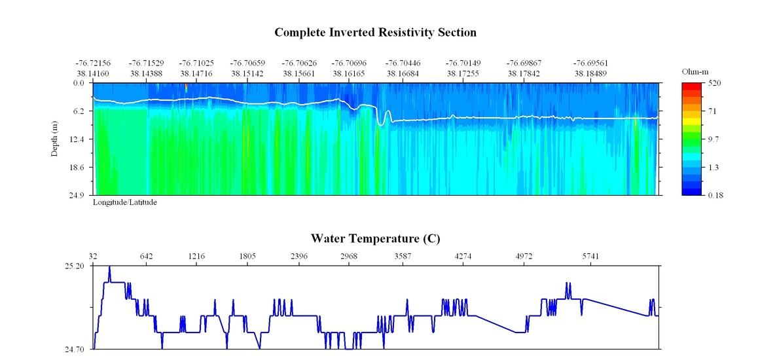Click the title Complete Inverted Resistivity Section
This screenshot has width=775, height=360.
(375, 32)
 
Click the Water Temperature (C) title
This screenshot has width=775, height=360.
(375, 238)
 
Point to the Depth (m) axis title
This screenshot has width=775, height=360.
(56, 139)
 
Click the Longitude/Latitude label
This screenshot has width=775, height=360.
(124, 202)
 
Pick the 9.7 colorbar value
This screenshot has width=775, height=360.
(712, 139)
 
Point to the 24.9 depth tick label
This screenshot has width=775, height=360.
(78, 195)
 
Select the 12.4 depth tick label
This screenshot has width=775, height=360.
(78, 139)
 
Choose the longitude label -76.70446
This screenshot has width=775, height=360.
(403, 63)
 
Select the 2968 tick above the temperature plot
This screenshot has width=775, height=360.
(348, 256)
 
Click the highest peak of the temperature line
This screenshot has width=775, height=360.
(109, 267)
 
